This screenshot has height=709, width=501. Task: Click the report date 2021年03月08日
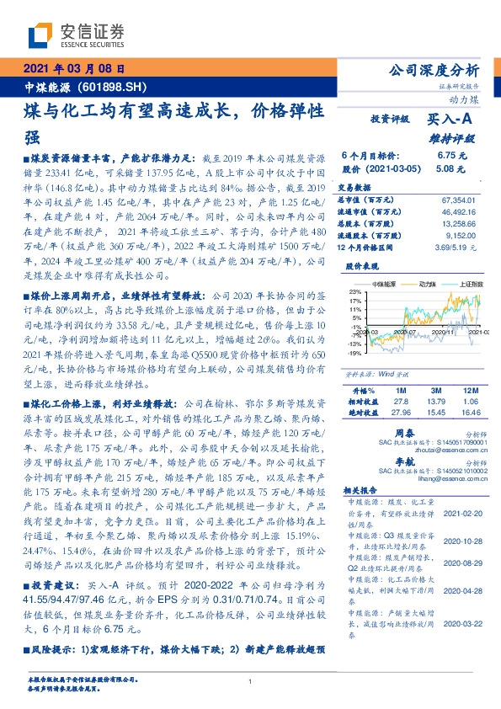[72, 69]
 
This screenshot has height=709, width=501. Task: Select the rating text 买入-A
[451, 120]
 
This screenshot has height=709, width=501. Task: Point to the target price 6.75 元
[446, 156]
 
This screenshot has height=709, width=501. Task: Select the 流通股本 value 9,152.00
[461, 237]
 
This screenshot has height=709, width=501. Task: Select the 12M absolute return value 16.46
[466, 413]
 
